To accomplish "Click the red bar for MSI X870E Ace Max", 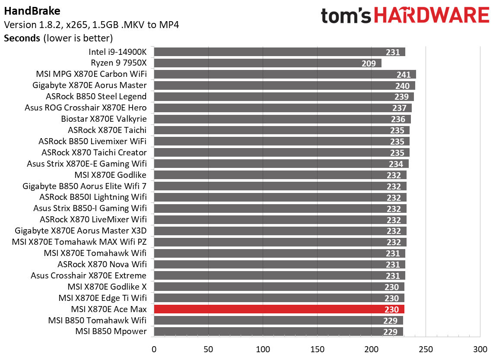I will (x=279, y=309).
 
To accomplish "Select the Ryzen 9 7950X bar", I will (x=267, y=63).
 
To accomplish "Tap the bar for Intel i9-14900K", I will (x=279, y=52).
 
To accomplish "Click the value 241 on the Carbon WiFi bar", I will (x=404, y=75).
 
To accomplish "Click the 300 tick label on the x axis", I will (x=480, y=349).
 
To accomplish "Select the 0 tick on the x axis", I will (x=154, y=349).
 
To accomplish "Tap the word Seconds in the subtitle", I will (x=22, y=38).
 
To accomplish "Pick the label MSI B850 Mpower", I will (x=111, y=332).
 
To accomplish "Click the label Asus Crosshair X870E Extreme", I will (x=89, y=275).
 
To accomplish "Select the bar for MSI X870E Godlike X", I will (x=279, y=287).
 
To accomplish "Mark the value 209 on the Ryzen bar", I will (x=369, y=63).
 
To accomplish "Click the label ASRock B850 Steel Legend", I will (x=96, y=97).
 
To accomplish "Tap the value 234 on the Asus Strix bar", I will (x=396, y=164).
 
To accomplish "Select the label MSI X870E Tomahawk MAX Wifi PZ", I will (x=79, y=242).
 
